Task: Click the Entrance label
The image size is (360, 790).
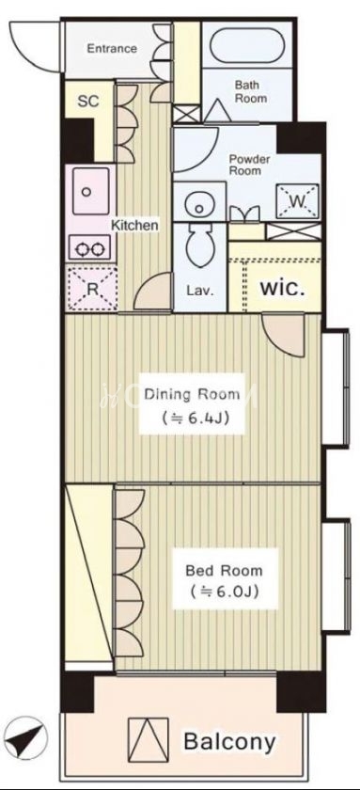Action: coord(111,48)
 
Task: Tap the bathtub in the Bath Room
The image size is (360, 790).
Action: coord(246,46)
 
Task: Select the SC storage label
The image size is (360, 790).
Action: coord(88,102)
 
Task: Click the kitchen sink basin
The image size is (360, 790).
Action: coord(90,192)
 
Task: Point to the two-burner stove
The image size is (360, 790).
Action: coord(89,249)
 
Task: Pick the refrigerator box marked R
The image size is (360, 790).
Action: coord(91,288)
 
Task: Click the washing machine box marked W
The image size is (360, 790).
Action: coord(297,201)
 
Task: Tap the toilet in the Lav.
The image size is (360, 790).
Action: coord(200,246)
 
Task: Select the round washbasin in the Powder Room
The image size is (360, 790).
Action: coord(199,206)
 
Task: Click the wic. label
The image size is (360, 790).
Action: coord(282,290)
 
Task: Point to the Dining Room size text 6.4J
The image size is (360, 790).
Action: coord(193,419)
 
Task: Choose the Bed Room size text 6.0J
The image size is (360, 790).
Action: coord(224,591)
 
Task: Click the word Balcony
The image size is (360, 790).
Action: coord(229,741)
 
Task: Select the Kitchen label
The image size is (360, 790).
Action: coord(134,225)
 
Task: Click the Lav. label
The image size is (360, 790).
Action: coord(200,291)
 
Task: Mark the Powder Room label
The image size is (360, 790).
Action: coord(249,165)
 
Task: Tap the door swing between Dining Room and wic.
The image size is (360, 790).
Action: coord(284,336)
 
